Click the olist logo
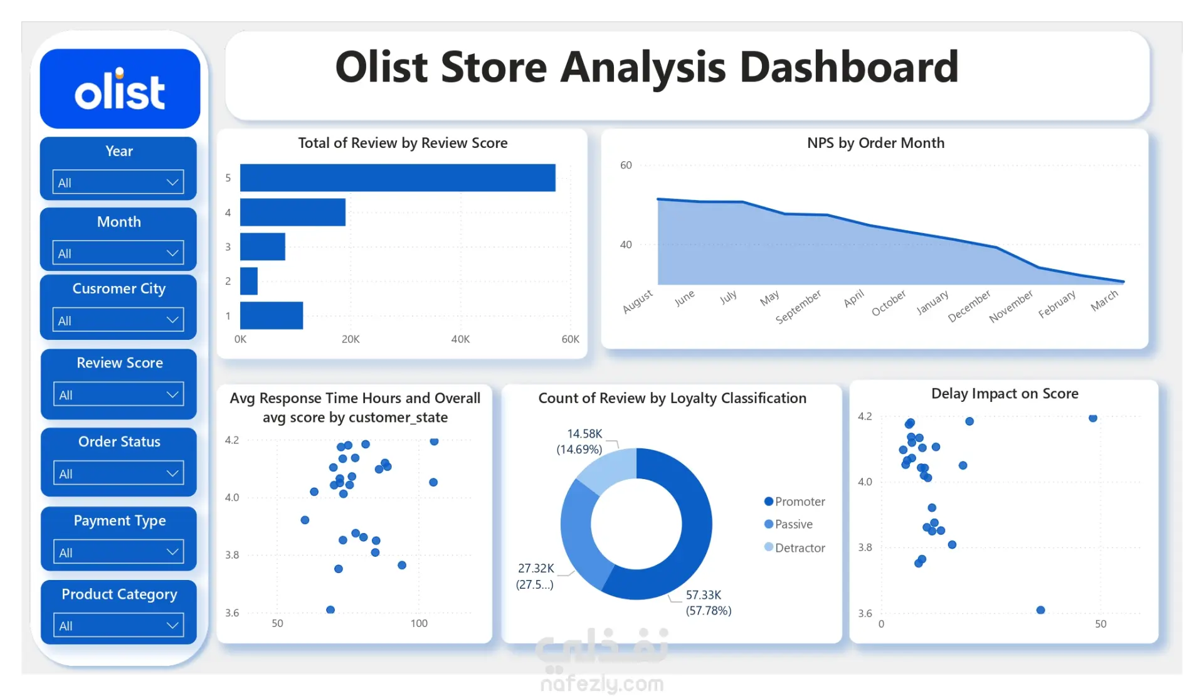coord(120,90)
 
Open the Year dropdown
coord(118,182)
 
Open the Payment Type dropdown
coord(118,552)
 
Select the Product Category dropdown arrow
coord(172,625)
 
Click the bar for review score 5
coord(398,177)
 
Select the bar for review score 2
coord(249,281)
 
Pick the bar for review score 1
coord(272,315)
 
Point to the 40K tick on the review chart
coord(460,339)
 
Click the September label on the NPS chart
coord(798,307)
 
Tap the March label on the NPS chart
coord(1104,300)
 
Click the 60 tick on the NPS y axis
coord(626,166)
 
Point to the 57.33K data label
coord(704,595)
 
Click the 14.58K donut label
coord(584,434)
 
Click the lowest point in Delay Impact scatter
coord(1041,610)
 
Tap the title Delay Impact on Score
coord(1005,394)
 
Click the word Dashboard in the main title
coord(849,67)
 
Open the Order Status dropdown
coord(118,473)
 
